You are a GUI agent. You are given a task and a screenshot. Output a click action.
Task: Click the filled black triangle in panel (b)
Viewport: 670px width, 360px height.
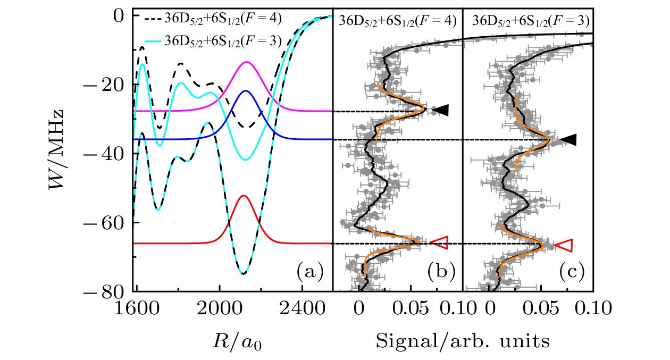click(441, 110)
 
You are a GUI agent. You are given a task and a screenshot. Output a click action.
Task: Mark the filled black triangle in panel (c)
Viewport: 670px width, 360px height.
click(569, 139)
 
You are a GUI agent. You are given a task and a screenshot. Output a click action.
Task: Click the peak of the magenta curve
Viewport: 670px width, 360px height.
click(246, 62)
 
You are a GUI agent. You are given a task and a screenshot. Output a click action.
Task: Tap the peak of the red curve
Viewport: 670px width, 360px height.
click(244, 196)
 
